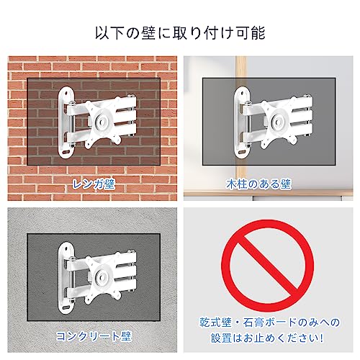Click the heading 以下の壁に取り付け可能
pyautogui.click(x=180, y=33)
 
